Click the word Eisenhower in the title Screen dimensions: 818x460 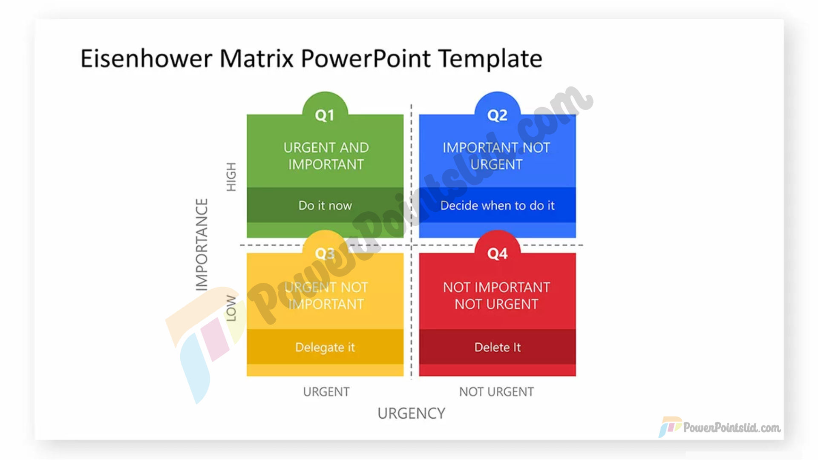pyautogui.click(x=146, y=58)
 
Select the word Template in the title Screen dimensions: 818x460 pyautogui.click(x=490, y=59)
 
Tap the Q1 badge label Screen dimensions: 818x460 pyautogui.click(x=325, y=115)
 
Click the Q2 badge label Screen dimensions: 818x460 pyautogui.click(x=497, y=115)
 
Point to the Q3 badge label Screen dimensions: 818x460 pyautogui.click(x=325, y=254)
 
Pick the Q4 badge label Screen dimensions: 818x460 pyautogui.click(x=497, y=254)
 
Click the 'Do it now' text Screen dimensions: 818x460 pyautogui.click(x=325, y=205)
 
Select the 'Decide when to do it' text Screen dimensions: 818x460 pyautogui.click(x=497, y=205)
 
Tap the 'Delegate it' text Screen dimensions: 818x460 pyautogui.click(x=325, y=348)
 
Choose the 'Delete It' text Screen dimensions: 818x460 pyautogui.click(x=497, y=347)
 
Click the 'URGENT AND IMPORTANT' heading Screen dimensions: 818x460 pyautogui.click(x=326, y=156)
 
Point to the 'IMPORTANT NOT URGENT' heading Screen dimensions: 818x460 pyautogui.click(x=496, y=156)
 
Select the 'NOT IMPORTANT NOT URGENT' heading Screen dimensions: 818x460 pyautogui.click(x=496, y=296)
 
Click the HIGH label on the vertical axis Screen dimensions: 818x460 pyautogui.click(x=231, y=177)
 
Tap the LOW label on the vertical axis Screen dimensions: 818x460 pyautogui.click(x=231, y=308)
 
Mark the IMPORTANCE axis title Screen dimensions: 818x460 pyautogui.click(x=202, y=245)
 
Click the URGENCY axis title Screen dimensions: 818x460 pyautogui.click(x=411, y=413)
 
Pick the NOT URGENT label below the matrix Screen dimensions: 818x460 pyautogui.click(x=496, y=392)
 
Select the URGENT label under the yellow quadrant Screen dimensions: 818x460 pyautogui.click(x=326, y=392)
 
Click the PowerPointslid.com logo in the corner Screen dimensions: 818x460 pyautogui.click(x=720, y=427)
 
